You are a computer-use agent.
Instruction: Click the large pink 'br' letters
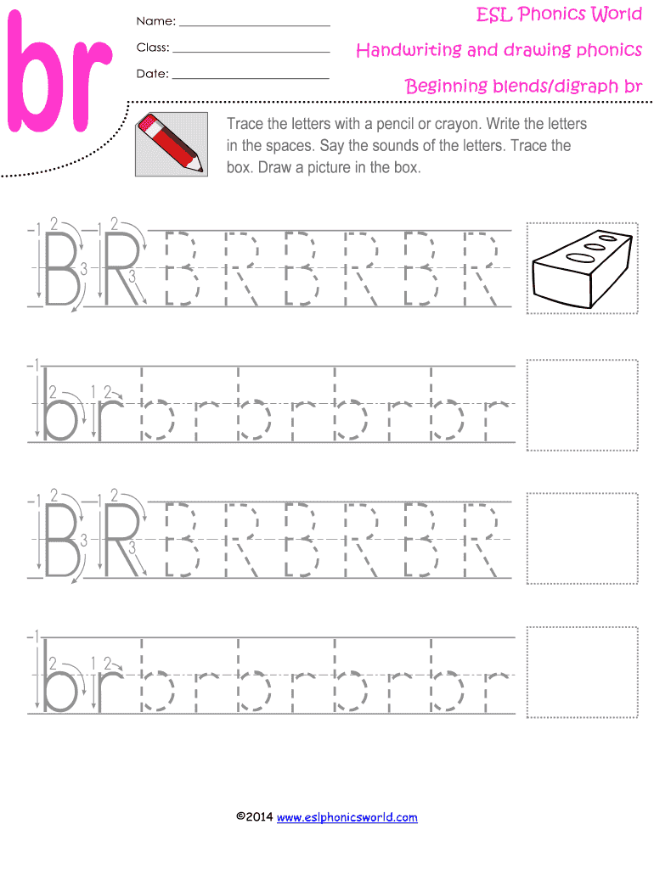pyautogui.click(x=60, y=72)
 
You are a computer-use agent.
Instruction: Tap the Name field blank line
pyautogui.click(x=255, y=26)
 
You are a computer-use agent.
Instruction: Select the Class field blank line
pyautogui.click(x=251, y=52)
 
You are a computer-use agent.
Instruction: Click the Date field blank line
pyautogui.click(x=251, y=78)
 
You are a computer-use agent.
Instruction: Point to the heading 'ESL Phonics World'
pyautogui.click(x=559, y=14)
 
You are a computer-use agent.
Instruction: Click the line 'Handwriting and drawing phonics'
pyautogui.click(x=499, y=50)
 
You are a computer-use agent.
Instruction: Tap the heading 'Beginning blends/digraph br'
pyautogui.click(x=523, y=86)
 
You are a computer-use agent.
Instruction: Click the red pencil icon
pyautogui.click(x=172, y=144)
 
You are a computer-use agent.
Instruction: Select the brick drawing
pyautogui.click(x=582, y=269)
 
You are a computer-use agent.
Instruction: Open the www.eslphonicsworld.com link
pyautogui.click(x=347, y=817)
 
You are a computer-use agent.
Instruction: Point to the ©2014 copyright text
pyautogui.click(x=254, y=816)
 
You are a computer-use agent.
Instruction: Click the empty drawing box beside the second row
pyautogui.click(x=583, y=405)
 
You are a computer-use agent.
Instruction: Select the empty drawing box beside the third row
pyautogui.click(x=583, y=538)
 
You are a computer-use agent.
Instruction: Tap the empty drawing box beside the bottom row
pyautogui.click(x=583, y=672)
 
